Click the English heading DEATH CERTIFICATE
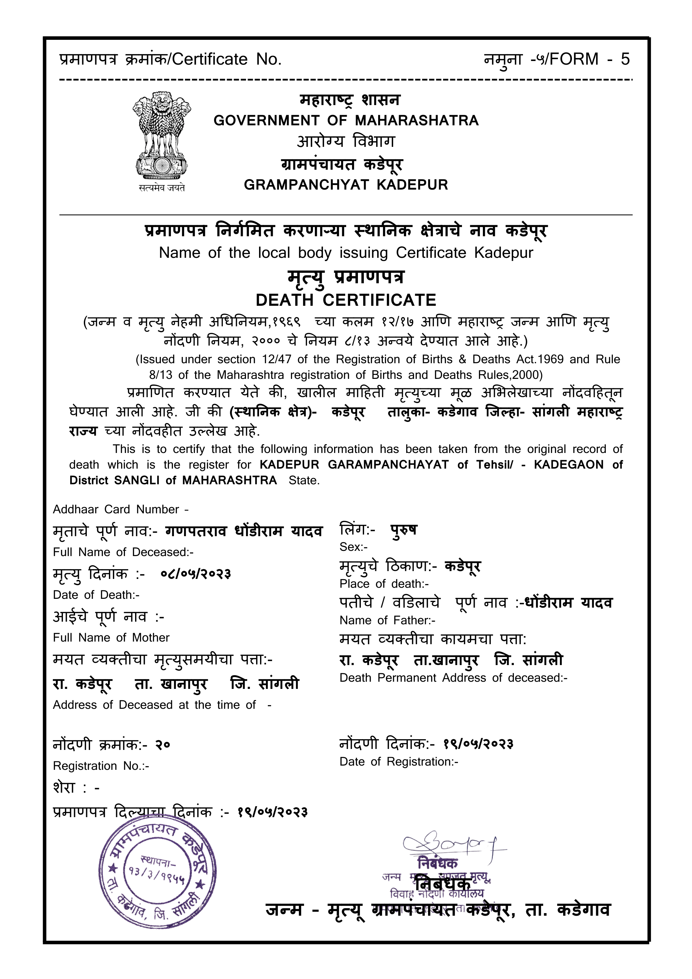pyautogui.click(x=346, y=300)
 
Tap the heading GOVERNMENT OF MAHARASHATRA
pyautogui.click(x=346, y=121)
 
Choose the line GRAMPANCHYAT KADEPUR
pyautogui.click(x=346, y=185)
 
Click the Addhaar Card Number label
pyautogui.click(x=120, y=509)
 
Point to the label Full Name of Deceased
pyautogui.click(x=123, y=552)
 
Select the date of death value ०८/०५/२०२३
pyautogui.click(x=196, y=574)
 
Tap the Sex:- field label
pyautogui.click(x=353, y=547)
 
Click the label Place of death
pyautogui.click(x=384, y=584)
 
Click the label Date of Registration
pyautogui.click(x=399, y=762)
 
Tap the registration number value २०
pyautogui.click(x=162, y=745)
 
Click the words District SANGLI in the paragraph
pyautogui.click(x=114, y=481)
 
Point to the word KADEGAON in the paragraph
pyautogui.click(x=568, y=465)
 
